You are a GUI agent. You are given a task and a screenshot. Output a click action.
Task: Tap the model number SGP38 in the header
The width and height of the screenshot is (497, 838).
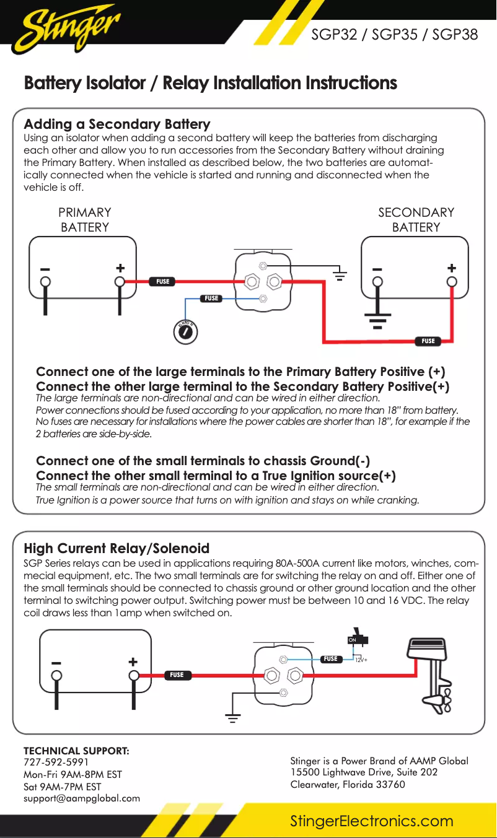(x=455, y=35)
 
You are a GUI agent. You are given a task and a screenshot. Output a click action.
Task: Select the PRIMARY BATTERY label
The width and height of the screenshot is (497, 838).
(x=85, y=220)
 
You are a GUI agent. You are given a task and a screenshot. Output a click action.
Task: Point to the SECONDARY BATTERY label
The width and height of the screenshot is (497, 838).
(x=416, y=220)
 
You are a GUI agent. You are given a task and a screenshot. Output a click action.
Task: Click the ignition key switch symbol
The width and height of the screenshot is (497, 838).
(x=185, y=333)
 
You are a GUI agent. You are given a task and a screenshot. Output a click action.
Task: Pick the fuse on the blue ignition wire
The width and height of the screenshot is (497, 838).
(x=212, y=299)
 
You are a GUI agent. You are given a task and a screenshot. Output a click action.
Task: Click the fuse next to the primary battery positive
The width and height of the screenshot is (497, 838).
(x=162, y=282)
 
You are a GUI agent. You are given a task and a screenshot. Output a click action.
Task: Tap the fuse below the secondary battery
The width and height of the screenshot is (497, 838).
(x=428, y=341)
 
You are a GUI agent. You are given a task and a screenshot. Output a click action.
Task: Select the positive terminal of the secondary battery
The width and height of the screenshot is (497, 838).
(x=452, y=282)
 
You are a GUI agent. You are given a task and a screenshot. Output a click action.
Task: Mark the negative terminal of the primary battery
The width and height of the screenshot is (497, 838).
(x=45, y=282)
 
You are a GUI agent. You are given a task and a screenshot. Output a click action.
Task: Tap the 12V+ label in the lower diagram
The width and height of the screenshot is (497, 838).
(x=361, y=660)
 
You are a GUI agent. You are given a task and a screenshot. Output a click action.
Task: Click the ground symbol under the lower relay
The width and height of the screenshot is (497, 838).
(x=233, y=719)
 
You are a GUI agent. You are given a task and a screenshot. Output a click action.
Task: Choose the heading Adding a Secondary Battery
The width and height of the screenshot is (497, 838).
(x=117, y=124)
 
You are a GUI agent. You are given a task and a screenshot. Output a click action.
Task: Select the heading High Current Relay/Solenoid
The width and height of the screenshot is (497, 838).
(x=117, y=548)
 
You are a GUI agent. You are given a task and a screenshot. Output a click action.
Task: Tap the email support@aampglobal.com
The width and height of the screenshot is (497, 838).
(x=82, y=798)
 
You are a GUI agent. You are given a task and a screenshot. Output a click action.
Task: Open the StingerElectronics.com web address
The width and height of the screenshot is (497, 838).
(x=372, y=821)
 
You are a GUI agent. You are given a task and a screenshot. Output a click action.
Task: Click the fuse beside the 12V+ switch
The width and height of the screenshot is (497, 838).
(x=330, y=659)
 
